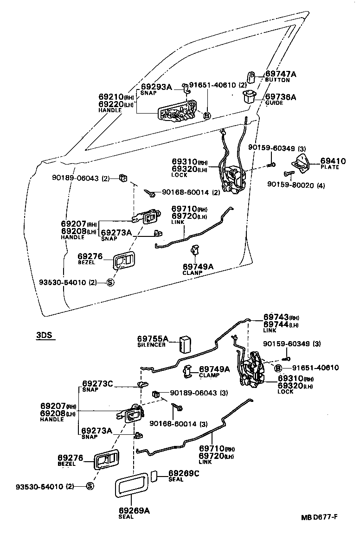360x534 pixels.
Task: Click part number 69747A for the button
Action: click(280, 74)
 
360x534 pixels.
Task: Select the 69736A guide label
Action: click(280, 97)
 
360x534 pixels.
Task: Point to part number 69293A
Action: click(156, 86)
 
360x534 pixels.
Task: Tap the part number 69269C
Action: click(184, 473)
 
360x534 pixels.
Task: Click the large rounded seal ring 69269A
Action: click(131, 487)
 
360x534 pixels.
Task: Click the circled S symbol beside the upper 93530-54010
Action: click(110, 282)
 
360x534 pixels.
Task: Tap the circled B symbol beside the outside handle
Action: click(207, 115)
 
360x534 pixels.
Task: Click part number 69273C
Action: click(98, 383)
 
